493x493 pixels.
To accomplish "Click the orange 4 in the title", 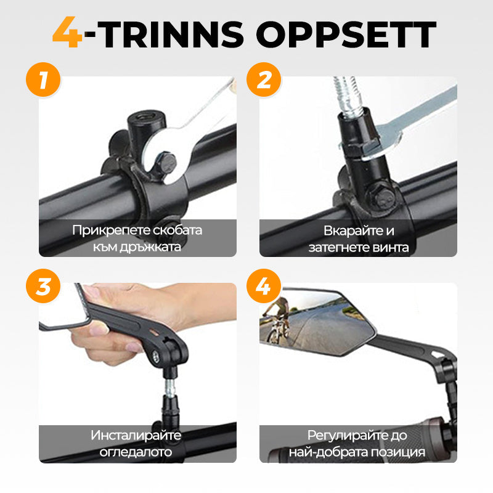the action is (68, 32).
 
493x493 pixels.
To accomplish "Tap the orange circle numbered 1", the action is (43, 79).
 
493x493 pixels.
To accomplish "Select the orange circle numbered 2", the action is (264, 79).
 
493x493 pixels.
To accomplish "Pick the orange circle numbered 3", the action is (43, 286).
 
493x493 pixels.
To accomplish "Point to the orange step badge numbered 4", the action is (264, 286).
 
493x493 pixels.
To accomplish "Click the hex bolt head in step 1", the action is (165, 163).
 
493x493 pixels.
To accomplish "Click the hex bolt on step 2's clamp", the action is (383, 197).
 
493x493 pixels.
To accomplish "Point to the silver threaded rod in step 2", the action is (348, 96).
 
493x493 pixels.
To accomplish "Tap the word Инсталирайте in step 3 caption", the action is (136, 436).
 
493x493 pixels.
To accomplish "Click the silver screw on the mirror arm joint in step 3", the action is (155, 356).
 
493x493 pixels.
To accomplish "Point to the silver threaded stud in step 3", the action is (170, 388).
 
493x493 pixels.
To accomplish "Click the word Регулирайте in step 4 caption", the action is (344, 436).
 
